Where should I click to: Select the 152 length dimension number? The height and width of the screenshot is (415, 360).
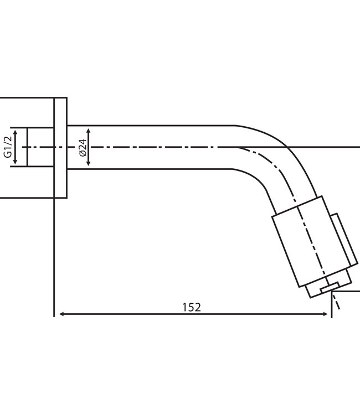click(x=192, y=307)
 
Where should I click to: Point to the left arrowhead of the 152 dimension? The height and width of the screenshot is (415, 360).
click(x=60, y=314)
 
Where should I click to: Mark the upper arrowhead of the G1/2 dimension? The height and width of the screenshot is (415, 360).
click(x=16, y=132)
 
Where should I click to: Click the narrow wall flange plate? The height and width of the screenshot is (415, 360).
click(x=60, y=147)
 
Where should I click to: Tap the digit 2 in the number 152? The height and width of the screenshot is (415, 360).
click(x=198, y=307)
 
